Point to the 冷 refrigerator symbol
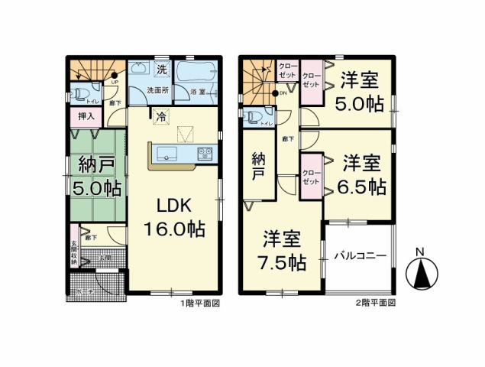click(x=161, y=117)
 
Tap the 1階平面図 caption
click(x=200, y=303)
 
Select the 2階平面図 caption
click(x=375, y=303)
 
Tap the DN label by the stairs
click(x=283, y=93)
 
